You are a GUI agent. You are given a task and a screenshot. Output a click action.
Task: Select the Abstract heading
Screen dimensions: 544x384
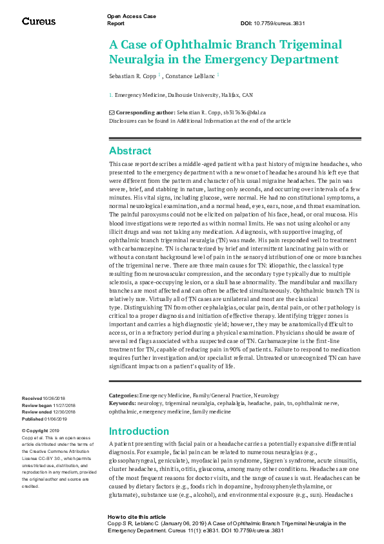coord(130,151)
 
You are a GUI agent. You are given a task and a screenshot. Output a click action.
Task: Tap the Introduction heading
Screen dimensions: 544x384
coord(138,432)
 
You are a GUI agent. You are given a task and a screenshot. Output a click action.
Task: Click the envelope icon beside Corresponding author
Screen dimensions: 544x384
coord(112,112)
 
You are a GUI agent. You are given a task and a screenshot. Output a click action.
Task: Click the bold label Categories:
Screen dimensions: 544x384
coord(123,395)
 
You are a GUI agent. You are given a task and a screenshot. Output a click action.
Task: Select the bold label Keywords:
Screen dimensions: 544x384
coord(123,403)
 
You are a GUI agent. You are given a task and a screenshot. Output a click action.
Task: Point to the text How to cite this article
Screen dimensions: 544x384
coord(136,518)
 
